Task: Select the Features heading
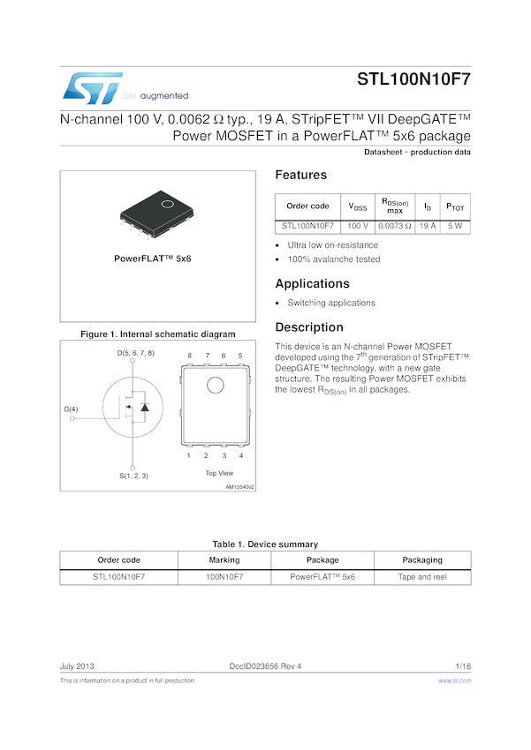(x=300, y=175)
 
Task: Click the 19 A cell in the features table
(x=428, y=226)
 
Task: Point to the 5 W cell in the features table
(x=455, y=226)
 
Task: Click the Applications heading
(x=313, y=283)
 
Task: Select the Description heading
(x=308, y=327)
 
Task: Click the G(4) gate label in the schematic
(x=71, y=409)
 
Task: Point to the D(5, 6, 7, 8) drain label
(x=135, y=353)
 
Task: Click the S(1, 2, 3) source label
(x=133, y=476)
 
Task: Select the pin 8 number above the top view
(x=188, y=356)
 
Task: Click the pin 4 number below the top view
(x=240, y=455)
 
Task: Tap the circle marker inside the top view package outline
(x=216, y=385)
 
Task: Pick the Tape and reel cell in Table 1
(x=422, y=576)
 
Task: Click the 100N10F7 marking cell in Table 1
(x=224, y=576)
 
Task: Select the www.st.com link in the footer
(x=454, y=681)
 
